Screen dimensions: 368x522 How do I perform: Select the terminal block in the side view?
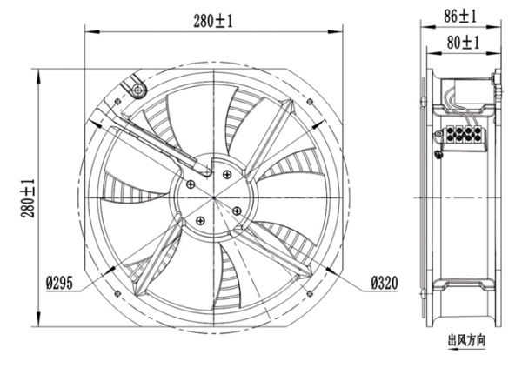pyautogui.click(x=463, y=136)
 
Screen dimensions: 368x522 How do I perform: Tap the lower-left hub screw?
pyautogui.click(x=203, y=219)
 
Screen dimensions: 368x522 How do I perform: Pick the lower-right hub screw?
pyautogui.click(x=237, y=210)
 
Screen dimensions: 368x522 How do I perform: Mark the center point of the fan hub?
pyautogui.click(x=214, y=196)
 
